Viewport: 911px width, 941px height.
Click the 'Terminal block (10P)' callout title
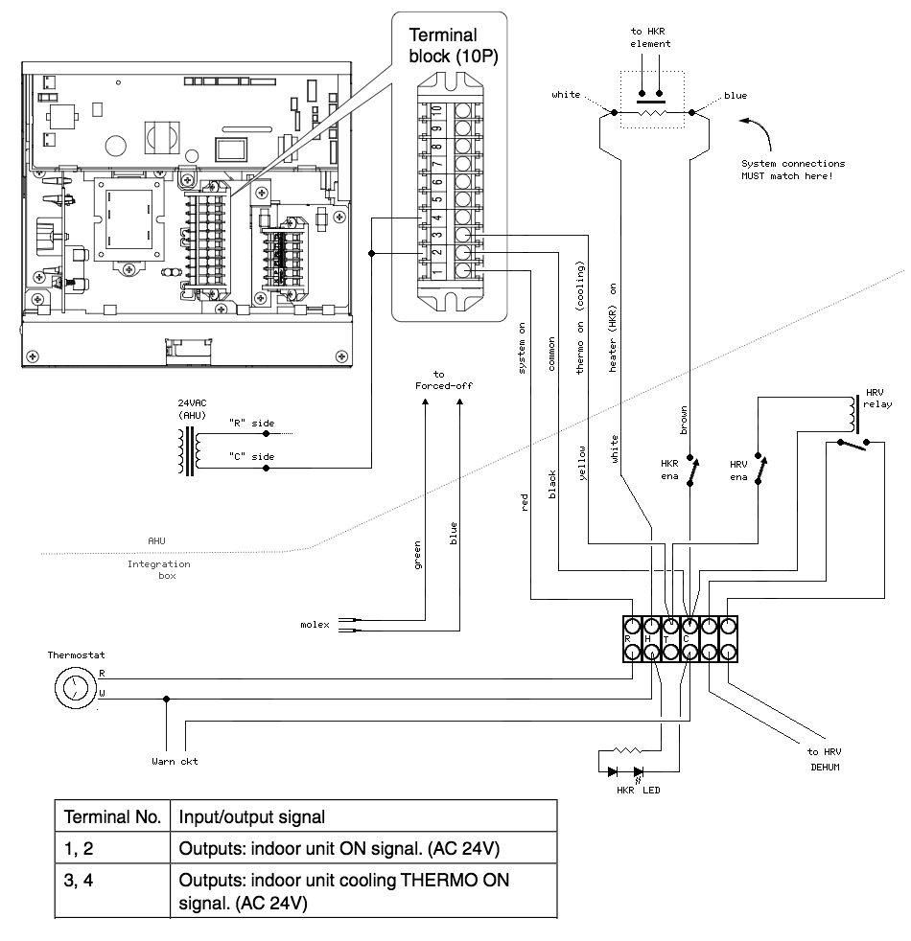[x=446, y=46]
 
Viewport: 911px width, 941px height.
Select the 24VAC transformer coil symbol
[x=188, y=449]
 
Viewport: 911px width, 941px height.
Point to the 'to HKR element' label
[x=651, y=37]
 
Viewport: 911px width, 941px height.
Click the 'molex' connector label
[x=315, y=625]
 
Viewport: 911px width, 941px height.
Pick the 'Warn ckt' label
[x=175, y=762]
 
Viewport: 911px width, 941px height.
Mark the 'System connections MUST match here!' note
[x=794, y=170]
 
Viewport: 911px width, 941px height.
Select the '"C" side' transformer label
[x=249, y=457]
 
